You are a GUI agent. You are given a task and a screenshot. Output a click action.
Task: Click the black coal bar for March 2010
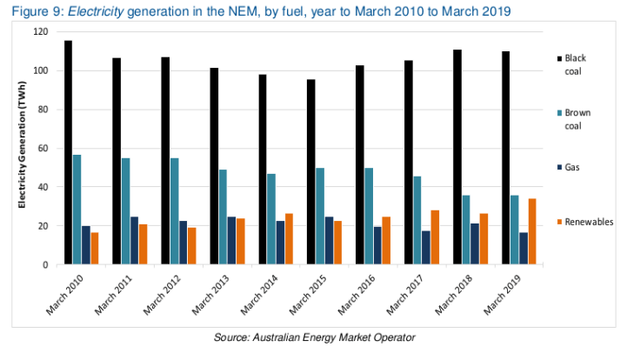pyautogui.click(x=68, y=152)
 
